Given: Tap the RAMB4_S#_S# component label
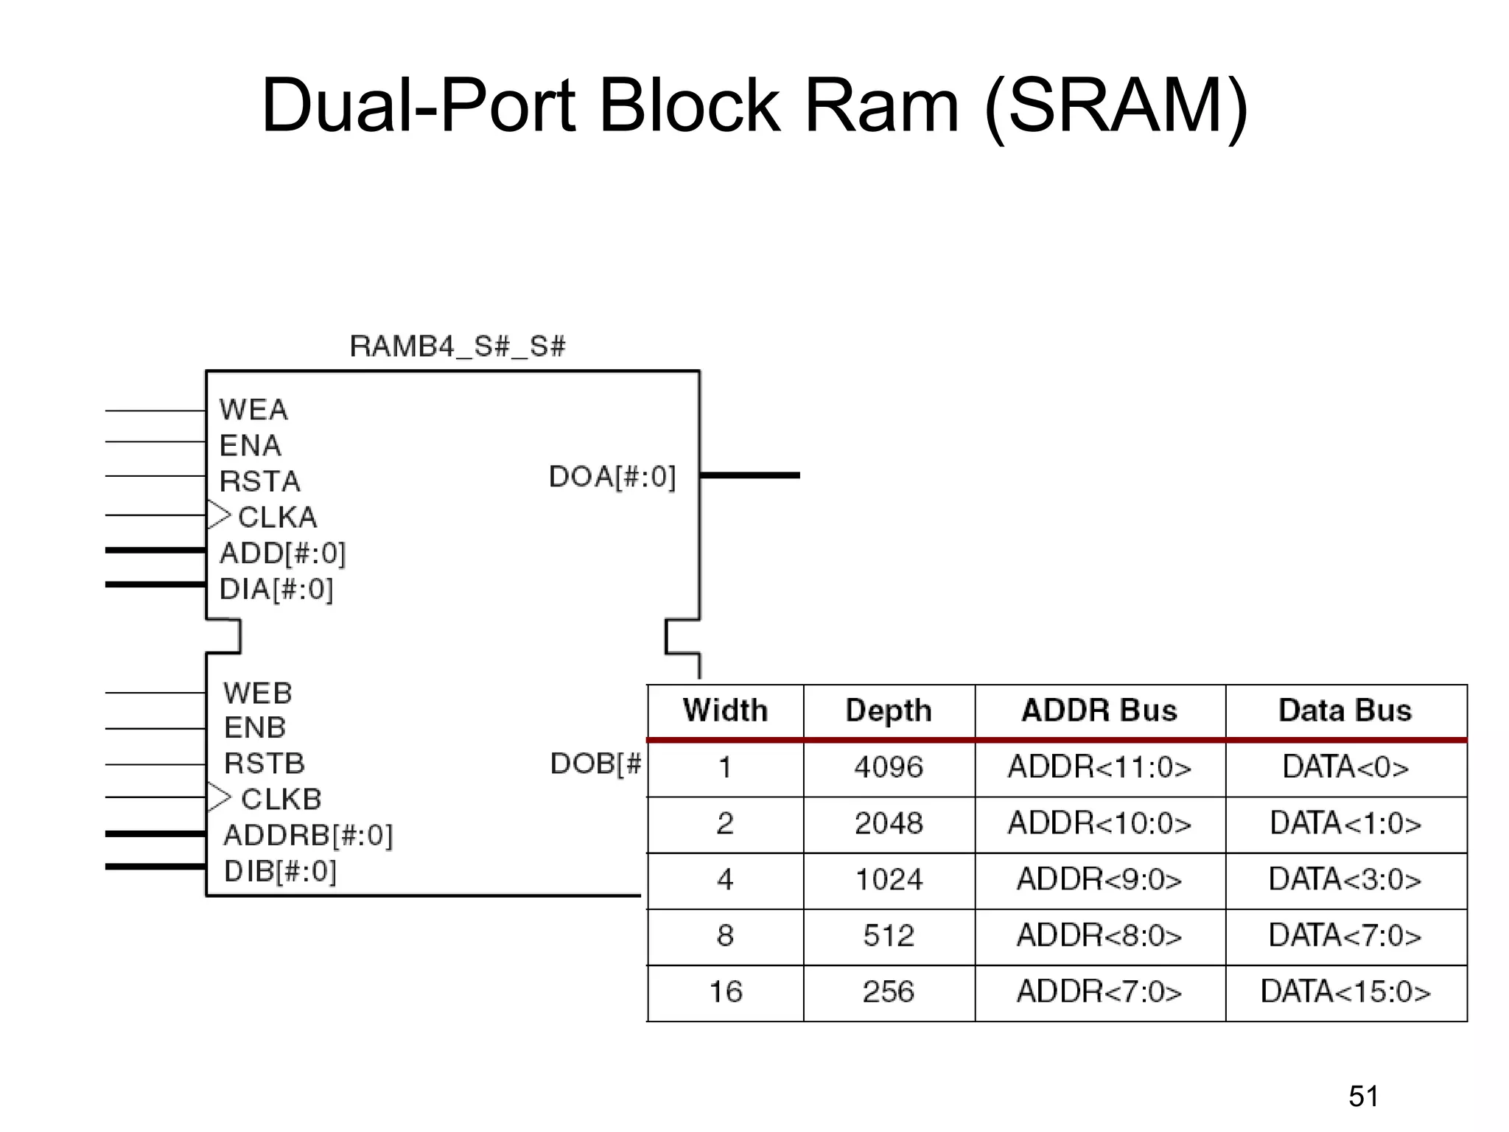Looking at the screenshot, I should point(457,346).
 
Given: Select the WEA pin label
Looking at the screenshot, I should point(253,410).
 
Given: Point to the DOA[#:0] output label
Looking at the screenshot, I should point(612,477).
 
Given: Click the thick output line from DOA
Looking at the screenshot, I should point(749,475).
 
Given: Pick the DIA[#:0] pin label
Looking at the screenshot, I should point(276,589).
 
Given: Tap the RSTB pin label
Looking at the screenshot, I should point(264,764).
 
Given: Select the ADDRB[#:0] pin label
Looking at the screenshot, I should point(308,835).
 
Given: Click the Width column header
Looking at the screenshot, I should point(725,710).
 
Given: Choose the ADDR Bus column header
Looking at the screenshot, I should point(1099,710).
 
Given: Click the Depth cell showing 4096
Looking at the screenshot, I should point(889,767).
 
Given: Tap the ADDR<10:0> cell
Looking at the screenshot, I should point(1099,823).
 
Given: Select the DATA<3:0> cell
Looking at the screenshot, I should point(1345,879).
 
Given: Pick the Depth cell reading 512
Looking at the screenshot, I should point(889,936).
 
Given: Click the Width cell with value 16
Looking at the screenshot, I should point(725,992).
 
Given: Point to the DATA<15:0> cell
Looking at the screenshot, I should point(1345,992).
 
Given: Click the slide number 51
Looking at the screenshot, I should point(1363,1096).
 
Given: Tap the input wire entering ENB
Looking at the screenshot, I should point(155,728).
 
